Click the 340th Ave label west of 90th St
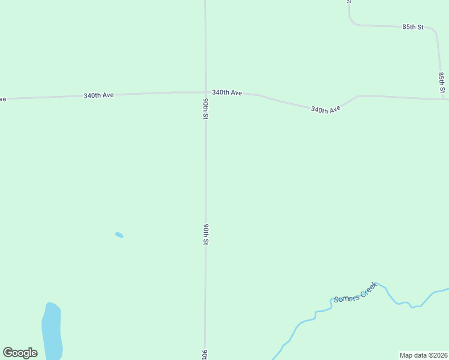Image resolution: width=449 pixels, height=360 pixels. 98,95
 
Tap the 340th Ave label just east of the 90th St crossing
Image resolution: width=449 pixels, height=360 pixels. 227,92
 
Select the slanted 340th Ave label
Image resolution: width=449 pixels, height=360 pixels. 325,109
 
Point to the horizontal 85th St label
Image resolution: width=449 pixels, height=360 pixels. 413,27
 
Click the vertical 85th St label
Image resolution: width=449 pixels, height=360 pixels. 441,83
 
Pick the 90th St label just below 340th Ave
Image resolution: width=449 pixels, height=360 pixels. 205,109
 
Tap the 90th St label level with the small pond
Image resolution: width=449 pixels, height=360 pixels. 205,234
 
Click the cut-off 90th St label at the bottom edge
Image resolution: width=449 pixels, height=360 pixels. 205,354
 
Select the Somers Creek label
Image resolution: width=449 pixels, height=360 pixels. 355,292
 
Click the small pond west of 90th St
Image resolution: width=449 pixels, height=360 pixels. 119,235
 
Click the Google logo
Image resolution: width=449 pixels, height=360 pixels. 20,353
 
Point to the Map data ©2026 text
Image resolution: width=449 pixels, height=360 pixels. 423,355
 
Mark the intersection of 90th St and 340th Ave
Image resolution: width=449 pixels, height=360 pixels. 205,92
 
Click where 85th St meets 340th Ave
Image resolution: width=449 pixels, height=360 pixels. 443,99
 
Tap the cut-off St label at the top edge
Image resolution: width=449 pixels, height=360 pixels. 348,2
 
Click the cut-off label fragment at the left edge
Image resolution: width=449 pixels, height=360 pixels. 2,99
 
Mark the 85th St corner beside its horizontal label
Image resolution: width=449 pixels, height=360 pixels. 435,29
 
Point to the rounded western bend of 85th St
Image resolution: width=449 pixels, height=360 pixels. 353,23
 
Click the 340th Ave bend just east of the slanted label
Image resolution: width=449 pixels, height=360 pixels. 358,96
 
